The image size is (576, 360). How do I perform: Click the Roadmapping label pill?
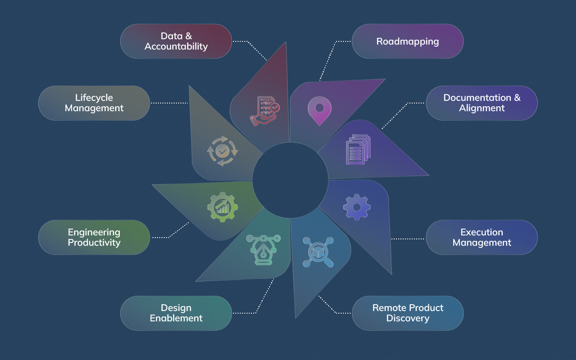coord(407,41)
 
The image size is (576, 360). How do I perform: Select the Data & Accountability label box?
coord(176,41)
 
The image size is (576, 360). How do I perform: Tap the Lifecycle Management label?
coord(94,103)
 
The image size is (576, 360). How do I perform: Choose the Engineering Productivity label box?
coord(94,237)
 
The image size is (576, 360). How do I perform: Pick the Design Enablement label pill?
coord(176,313)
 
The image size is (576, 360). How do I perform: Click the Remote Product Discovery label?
coord(407,313)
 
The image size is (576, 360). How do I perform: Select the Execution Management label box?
coord(481,237)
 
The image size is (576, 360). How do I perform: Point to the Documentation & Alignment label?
coord(481,103)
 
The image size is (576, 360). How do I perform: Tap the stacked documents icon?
coord(358,149)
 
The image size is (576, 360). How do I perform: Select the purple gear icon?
coord(357,207)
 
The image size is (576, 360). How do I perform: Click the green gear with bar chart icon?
coord(223,207)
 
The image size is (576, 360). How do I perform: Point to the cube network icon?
coord(318,252)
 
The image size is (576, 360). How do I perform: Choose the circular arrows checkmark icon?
coord(222,152)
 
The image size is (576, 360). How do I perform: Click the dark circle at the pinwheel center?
coord(290,180)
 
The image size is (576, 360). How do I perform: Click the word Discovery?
coord(408,318)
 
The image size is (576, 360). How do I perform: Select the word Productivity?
coord(94,243)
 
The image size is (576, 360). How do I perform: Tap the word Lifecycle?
coord(94,98)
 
